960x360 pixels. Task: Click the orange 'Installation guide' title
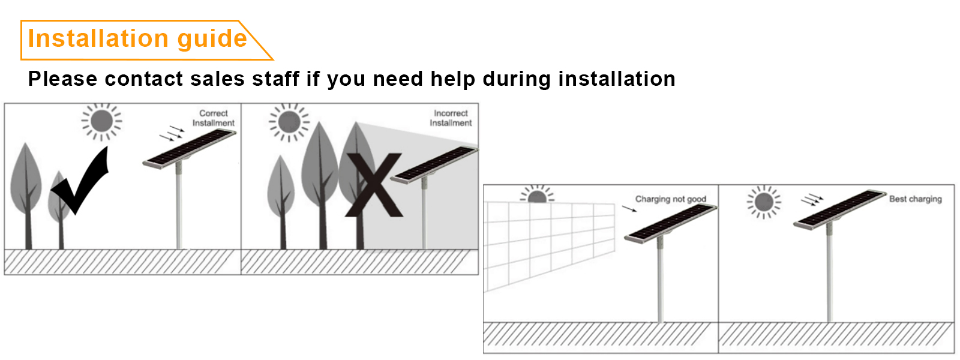pos(137,39)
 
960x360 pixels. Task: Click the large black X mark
pos(374,185)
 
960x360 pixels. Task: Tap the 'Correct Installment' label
pos(214,118)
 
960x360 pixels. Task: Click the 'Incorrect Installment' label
pos(451,118)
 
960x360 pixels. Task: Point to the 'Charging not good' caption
pos(670,199)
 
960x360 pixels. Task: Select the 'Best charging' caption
pos(915,199)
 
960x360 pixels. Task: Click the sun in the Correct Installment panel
pos(101,121)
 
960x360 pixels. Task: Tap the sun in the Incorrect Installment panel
pos(289,122)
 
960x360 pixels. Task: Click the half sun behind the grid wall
pos(537,196)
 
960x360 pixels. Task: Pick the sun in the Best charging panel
pos(764,202)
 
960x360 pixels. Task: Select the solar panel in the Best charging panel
pos(840,209)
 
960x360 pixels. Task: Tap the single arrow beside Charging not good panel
pos(629,209)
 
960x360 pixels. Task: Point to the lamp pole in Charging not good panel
pos(660,282)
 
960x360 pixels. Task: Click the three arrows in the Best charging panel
pos(812,200)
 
